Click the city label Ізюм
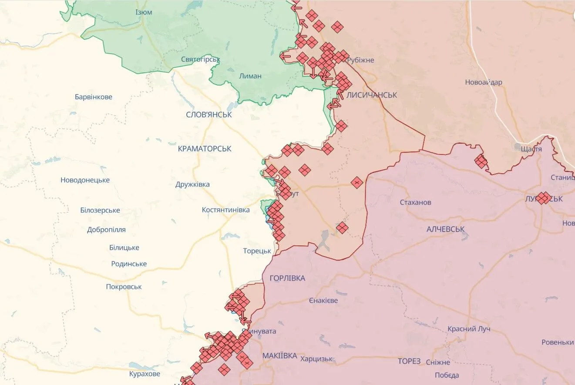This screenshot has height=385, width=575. coord(144,12)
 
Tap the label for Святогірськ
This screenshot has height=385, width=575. coord(201,59)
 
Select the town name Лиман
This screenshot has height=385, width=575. coord(250,76)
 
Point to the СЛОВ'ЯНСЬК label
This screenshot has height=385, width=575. coord(208,115)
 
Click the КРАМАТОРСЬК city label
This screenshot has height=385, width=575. coord(205,149)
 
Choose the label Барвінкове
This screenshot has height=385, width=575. coord(93,97)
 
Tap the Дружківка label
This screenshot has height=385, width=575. coord(192,184)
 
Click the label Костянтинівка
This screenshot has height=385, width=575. coord(225,210)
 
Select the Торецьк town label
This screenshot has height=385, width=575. coord(257,251)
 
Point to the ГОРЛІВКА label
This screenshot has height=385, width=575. coord(287,278)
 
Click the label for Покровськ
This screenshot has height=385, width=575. coord(124,287)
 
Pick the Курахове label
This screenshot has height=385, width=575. coord(145,374)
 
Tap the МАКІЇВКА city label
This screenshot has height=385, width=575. coord(279,356)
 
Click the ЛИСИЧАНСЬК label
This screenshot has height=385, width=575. coord(372,95)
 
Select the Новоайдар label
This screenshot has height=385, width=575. coord(483,82)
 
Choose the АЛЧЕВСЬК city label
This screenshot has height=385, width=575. coord(445,229)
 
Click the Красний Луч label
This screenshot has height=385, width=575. coord(469,329)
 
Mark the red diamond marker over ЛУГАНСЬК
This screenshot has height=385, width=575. coord(543,198)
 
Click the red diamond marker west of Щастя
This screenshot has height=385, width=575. coord(481,162)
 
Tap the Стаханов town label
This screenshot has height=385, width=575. coord(415,203)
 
